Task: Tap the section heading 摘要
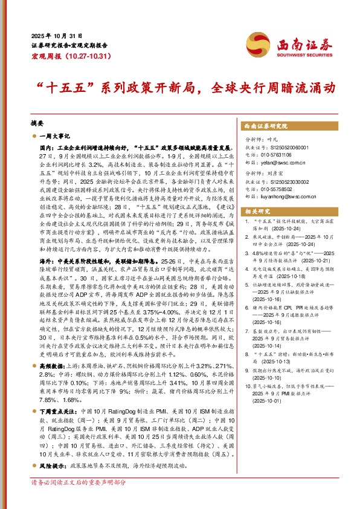(37, 121)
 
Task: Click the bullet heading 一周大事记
(55, 137)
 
